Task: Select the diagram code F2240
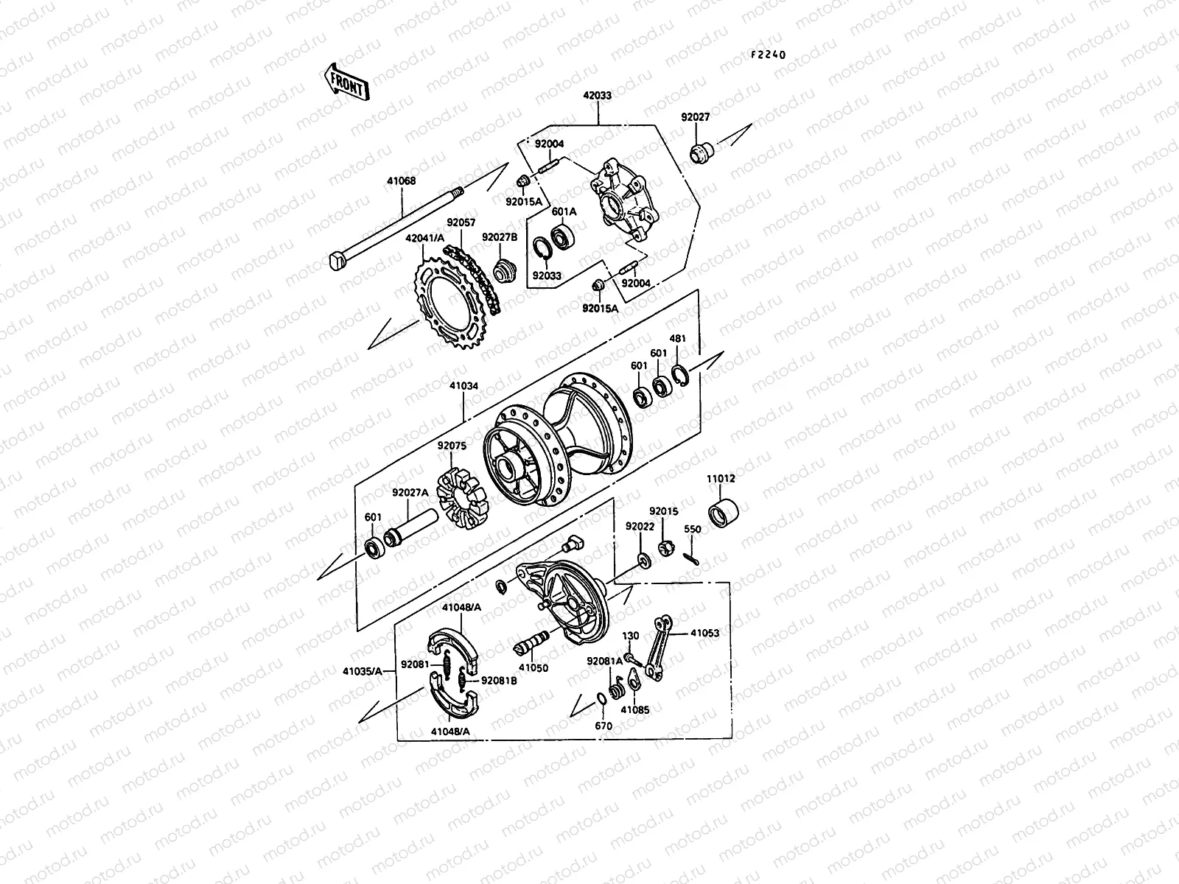click(x=769, y=55)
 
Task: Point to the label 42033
click(x=597, y=96)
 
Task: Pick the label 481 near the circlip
click(x=677, y=339)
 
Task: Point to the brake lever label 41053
click(x=705, y=633)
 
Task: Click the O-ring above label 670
click(x=602, y=698)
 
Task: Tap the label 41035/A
click(x=362, y=670)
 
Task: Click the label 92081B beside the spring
click(x=499, y=681)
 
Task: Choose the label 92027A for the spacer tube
click(x=410, y=493)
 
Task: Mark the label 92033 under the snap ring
click(x=547, y=276)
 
